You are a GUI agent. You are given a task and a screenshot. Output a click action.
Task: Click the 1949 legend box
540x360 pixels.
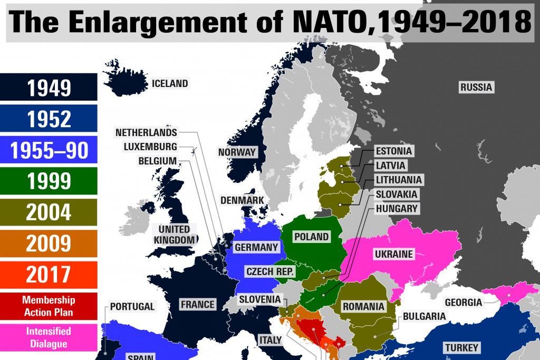[49, 87]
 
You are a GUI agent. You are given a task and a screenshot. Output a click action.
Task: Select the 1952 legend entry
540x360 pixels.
[49, 119]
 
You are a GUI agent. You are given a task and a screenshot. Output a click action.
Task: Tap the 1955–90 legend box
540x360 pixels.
[49, 150]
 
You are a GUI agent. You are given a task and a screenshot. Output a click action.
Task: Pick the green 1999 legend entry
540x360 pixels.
[49, 181]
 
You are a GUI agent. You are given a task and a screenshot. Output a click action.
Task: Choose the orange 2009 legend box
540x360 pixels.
[49, 244]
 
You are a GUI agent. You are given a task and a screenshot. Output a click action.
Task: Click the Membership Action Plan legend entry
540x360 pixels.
[49, 306]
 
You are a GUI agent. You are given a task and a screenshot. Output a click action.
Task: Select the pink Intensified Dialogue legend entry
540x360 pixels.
[49, 337]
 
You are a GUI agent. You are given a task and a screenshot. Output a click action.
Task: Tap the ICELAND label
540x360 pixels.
[169, 83]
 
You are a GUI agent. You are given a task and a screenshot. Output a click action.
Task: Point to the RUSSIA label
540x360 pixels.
[476, 87]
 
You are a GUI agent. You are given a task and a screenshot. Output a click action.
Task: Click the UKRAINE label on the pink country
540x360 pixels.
[393, 254]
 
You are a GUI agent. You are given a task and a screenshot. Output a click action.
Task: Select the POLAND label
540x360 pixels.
[311, 237]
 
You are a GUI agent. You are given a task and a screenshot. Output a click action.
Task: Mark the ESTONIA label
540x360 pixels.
[393, 151]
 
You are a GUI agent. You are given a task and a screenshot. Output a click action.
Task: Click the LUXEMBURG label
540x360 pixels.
[150, 147]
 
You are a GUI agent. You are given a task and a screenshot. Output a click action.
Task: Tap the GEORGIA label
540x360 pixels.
[463, 303]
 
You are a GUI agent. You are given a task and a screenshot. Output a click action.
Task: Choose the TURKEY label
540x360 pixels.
[461, 347]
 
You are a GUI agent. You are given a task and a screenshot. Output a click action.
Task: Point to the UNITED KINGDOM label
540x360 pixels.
[174, 235]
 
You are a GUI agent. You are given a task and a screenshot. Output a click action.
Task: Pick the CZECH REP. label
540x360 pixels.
[270, 272]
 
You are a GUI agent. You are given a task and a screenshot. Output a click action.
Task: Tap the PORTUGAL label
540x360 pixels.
[132, 306]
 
